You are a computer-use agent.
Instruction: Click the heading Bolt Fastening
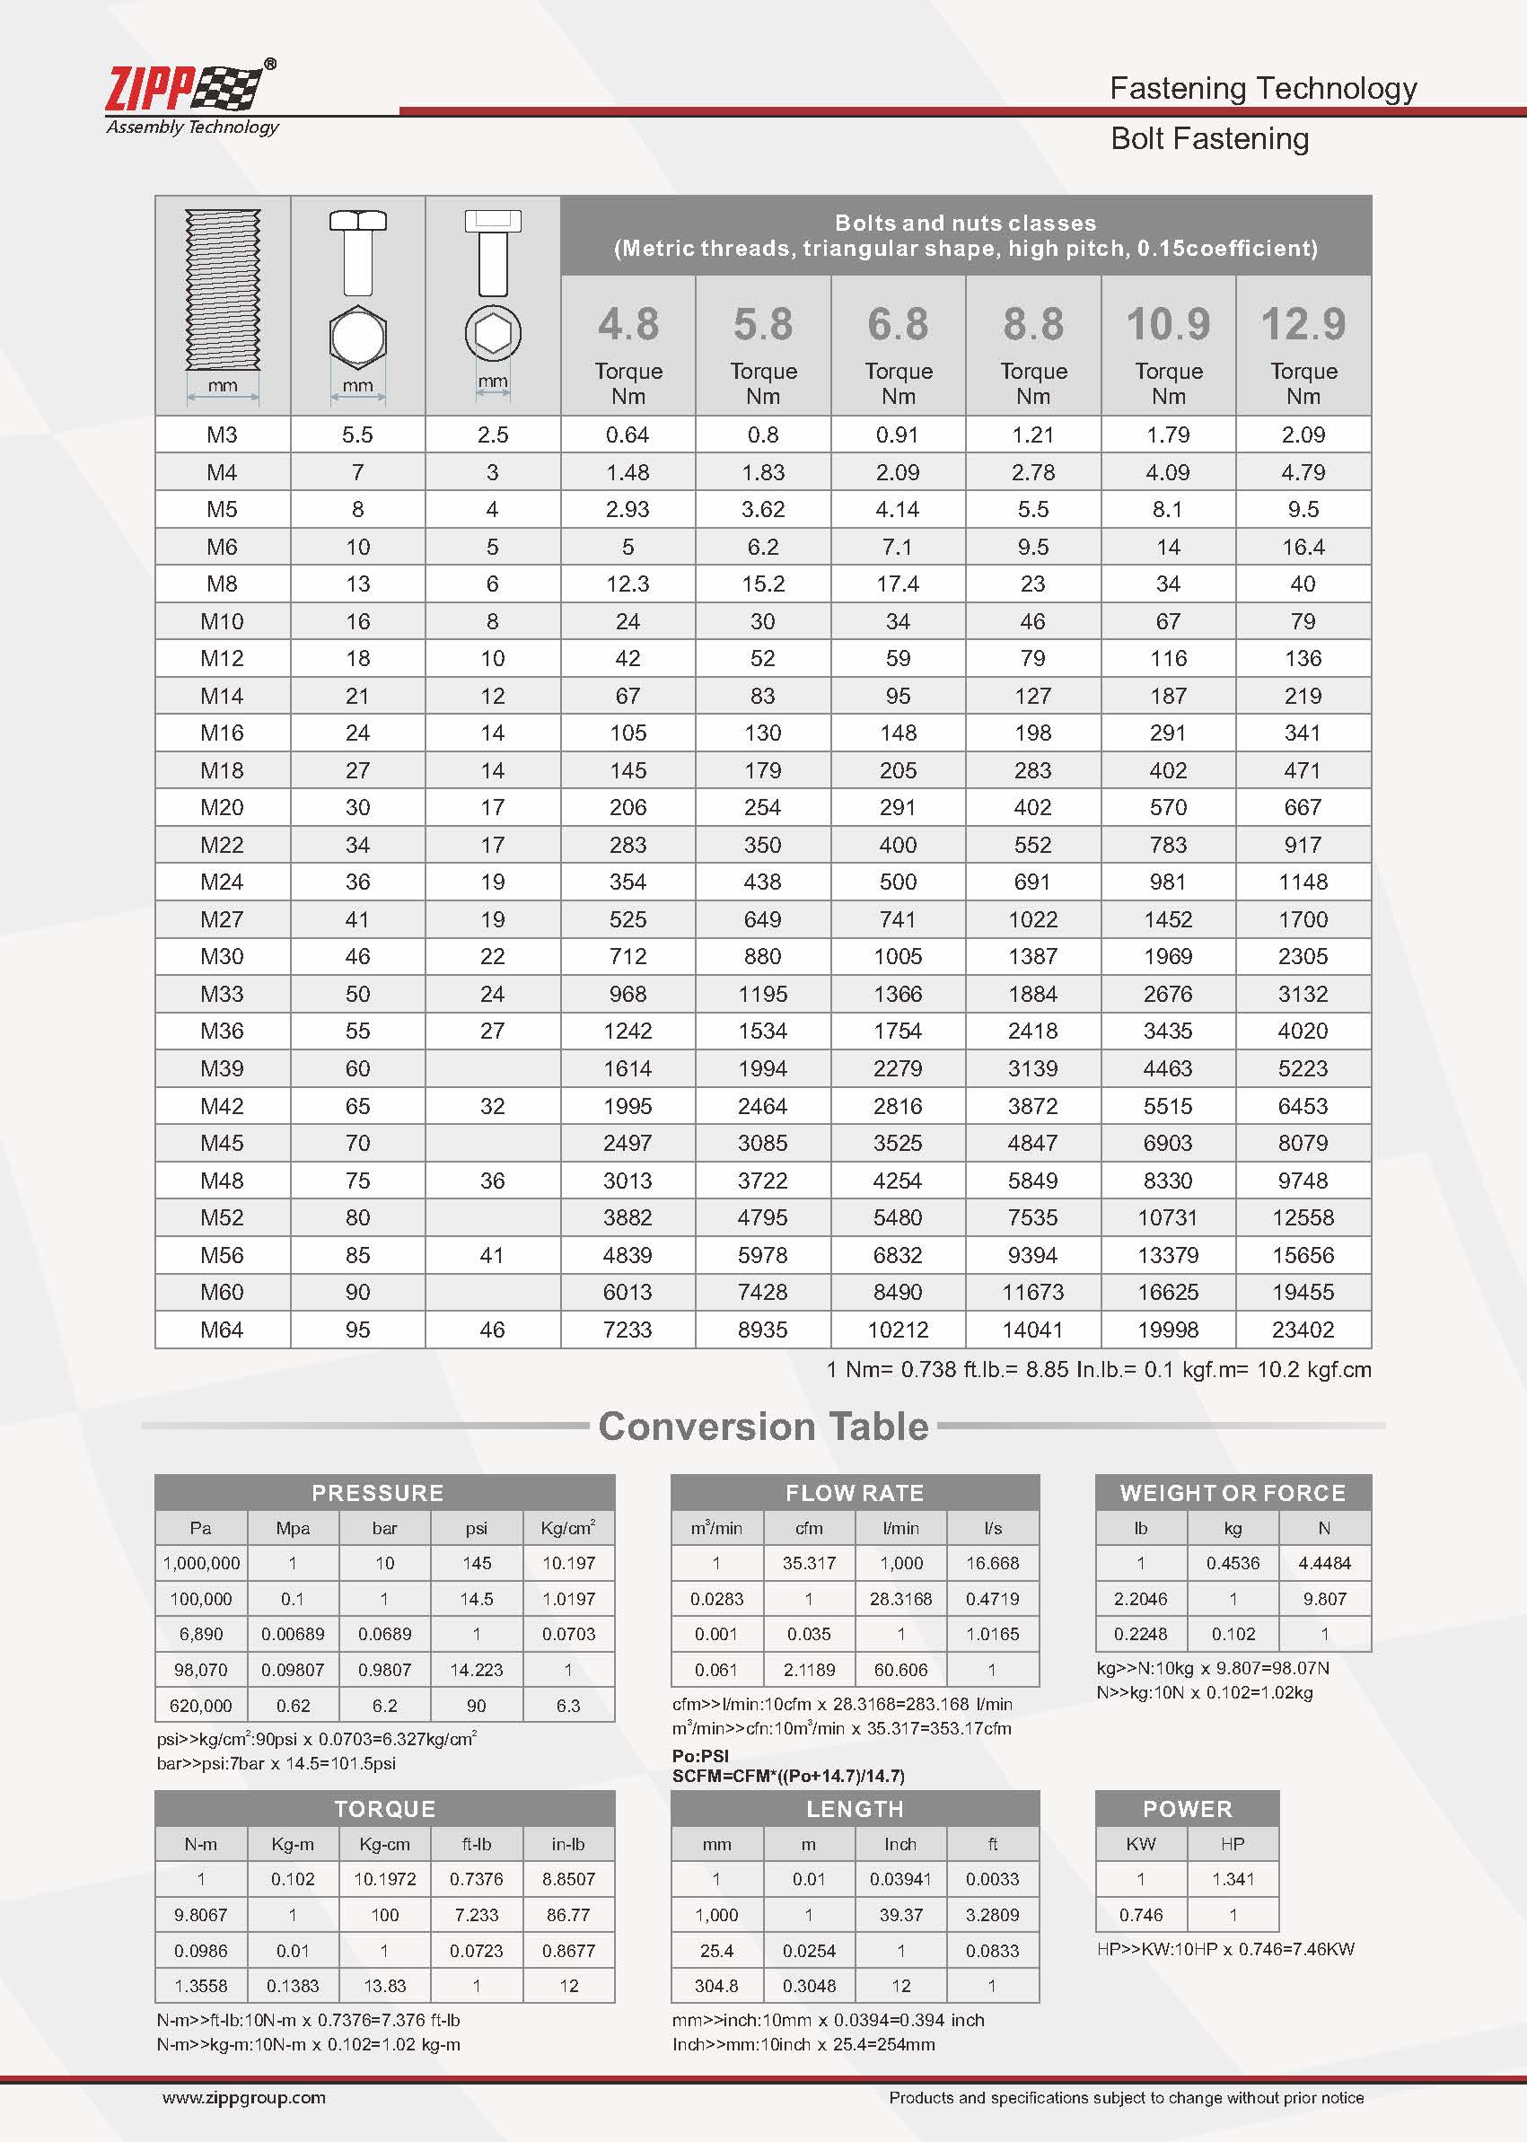tap(1209, 139)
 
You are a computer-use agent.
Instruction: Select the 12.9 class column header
tap(1303, 324)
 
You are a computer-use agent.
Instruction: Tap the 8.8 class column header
tap(1032, 324)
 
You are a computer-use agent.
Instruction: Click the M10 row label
tap(222, 621)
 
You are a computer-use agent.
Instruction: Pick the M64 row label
tap(222, 1330)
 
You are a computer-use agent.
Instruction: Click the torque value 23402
tap(1303, 1330)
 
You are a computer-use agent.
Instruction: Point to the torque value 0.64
tap(627, 435)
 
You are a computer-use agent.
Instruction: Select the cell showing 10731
tap(1167, 1217)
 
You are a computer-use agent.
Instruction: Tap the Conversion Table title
tap(762, 1427)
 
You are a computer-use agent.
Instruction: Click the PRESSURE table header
tap(377, 1493)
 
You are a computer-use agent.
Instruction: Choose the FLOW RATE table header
tap(854, 1493)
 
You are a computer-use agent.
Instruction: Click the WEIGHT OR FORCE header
tap(1232, 1493)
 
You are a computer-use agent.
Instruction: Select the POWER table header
tap(1187, 1809)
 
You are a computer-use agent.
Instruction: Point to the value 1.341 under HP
tap(1233, 1879)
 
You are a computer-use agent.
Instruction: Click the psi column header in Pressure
tap(476, 1529)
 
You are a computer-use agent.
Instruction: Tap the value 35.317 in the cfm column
tap(809, 1563)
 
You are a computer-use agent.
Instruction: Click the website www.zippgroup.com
tap(243, 2098)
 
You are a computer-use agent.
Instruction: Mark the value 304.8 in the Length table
tap(716, 1986)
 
